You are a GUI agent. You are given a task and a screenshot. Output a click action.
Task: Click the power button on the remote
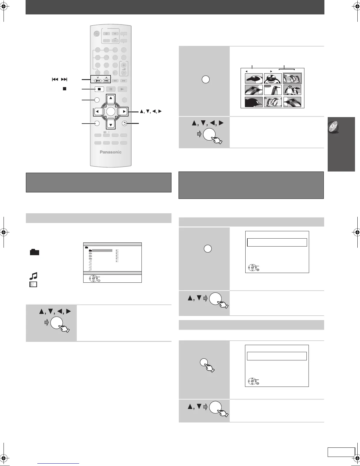(97, 34)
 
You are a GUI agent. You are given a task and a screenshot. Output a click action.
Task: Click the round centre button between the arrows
(111, 111)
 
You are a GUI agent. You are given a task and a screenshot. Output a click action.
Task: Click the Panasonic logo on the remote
(110, 152)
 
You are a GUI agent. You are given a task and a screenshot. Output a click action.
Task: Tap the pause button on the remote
(111, 89)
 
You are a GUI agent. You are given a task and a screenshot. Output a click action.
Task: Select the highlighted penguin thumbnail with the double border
(292, 79)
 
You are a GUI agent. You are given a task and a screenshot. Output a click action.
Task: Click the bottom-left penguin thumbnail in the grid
(254, 101)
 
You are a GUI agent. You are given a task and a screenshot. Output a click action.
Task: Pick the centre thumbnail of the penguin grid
(273, 90)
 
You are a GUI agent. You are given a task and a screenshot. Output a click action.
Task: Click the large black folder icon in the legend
(34, 252)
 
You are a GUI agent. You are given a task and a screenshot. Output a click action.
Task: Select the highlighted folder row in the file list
(102, 250)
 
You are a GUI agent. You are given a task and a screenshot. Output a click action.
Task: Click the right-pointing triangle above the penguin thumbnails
(271, 71)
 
